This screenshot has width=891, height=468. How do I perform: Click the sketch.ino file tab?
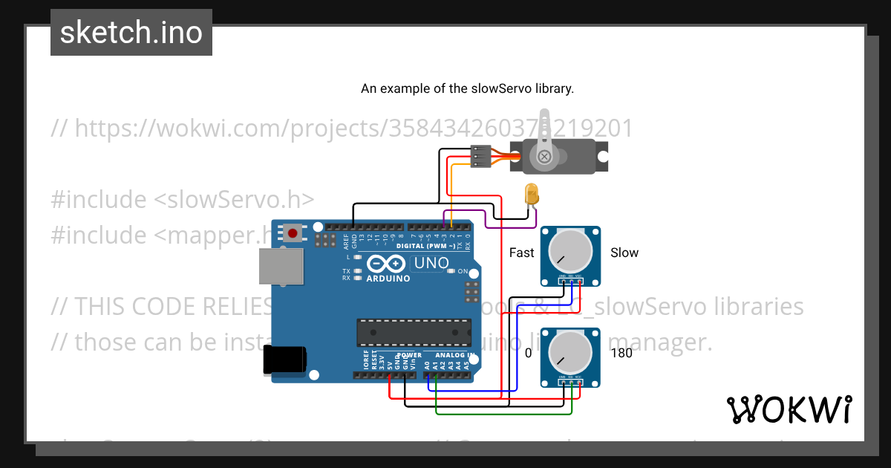tap(131, 33)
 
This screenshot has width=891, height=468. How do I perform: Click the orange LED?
tap(532, 195)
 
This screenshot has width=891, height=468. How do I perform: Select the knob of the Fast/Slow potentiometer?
tap(570, 253)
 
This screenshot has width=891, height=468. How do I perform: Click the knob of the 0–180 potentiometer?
tap(570, 354)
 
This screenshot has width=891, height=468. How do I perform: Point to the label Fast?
tap(521, 253)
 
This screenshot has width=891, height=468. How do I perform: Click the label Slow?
tap(624, 253)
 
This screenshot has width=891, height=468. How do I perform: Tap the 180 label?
tap(621, 354)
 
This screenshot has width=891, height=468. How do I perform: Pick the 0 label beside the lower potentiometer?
tap(529, 354)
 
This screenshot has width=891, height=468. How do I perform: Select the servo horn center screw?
tap(545, 157)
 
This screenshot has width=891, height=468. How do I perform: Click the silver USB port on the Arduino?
tap(281, 266)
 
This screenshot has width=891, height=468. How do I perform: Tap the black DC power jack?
tap(284, 360)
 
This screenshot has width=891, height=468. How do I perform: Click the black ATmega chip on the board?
tap(414, 332)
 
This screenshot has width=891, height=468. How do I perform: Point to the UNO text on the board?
tap(431, 263)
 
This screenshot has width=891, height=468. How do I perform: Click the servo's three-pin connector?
tap(480, 157)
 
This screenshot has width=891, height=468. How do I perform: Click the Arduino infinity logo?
tap(385, 264)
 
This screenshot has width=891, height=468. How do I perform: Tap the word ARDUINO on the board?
tap(388, 279)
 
